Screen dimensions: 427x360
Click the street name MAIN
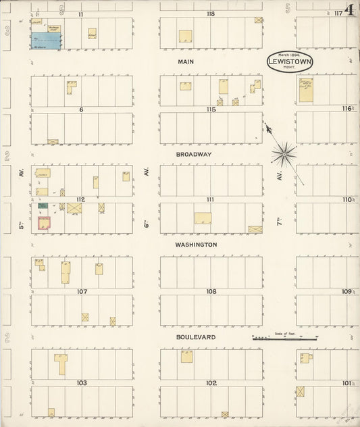coord(186,61)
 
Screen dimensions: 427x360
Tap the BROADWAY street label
coord(194,154)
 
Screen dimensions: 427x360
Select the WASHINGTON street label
coord(196,245)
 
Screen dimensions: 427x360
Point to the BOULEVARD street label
coord(195,336)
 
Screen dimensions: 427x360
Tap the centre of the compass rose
coord(284,155)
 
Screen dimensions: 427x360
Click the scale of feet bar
coord(284,338)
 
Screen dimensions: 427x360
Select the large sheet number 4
coord(350,10)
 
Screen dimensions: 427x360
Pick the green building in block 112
coord(43,205)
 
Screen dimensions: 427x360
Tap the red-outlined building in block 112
coord(45,223)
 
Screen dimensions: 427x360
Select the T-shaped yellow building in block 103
coord(61,363)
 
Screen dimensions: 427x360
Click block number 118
coord(211,14)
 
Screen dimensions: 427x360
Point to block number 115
coord(211,109)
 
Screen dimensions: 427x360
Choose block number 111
coord(211,199)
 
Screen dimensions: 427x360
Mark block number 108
coord(211,292)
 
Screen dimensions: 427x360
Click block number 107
coord(82,292)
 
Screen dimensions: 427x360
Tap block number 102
coord(211,383)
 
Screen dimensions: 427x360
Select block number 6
coord(80,109)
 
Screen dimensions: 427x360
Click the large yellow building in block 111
coord(203,219)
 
